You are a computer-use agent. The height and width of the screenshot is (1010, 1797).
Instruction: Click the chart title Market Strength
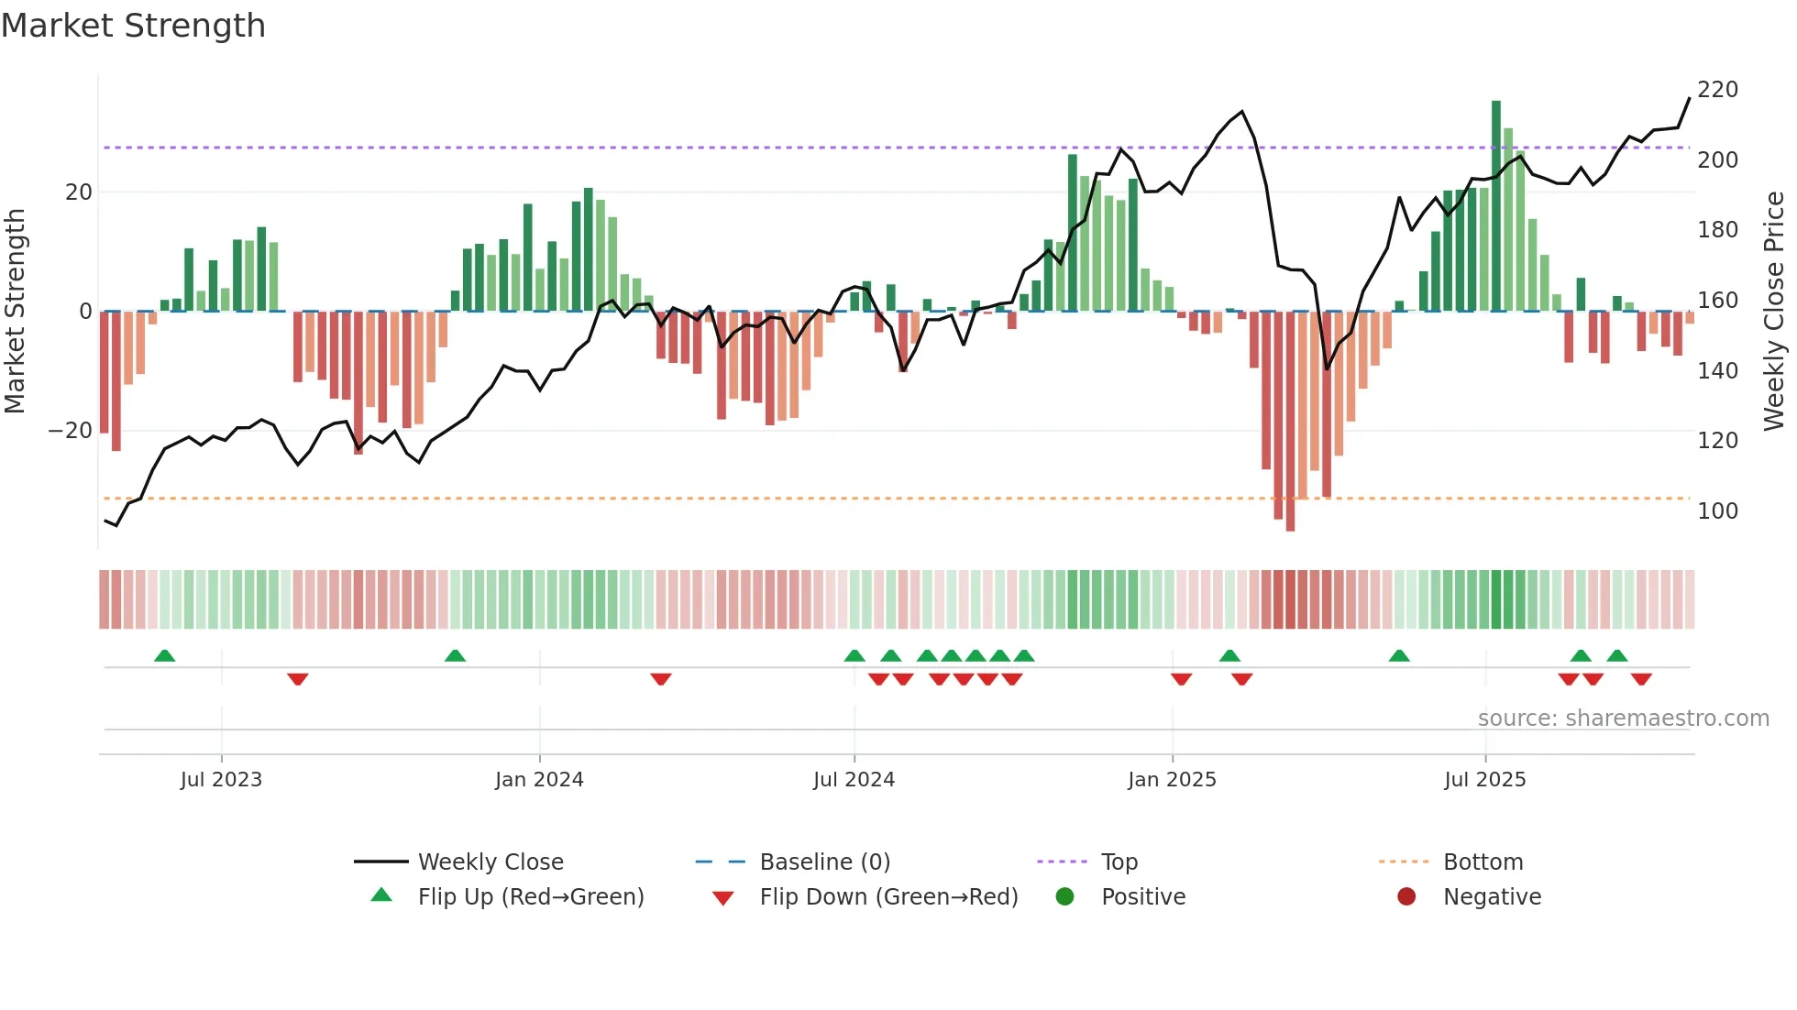click(133, 26)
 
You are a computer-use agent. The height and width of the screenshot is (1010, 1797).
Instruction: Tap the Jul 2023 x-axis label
click(221, 780)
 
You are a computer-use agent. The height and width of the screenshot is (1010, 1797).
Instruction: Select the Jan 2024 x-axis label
click(539, 780)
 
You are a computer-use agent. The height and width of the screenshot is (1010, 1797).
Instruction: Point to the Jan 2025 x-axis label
click(1172, 780)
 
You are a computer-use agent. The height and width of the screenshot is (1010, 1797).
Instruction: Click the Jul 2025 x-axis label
click(1485, 780)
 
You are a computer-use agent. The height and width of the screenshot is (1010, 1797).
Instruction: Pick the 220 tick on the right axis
click(1717, 90)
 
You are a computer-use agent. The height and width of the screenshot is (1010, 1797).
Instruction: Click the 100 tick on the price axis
click(1717, 511)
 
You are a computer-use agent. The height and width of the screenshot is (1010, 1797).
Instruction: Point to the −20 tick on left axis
click(71, 431)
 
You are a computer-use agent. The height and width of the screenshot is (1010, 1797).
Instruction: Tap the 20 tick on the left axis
click(79, 192)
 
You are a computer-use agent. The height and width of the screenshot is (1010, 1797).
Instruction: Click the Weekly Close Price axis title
click(1774, 312)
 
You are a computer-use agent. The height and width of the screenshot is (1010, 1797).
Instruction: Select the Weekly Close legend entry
click(491, 862)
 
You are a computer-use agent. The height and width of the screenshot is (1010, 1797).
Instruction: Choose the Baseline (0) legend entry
click(824, 862)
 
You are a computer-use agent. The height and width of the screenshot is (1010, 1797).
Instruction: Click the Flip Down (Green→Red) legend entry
click(888, 897)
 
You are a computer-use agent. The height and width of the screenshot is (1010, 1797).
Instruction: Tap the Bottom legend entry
click(1483, 862)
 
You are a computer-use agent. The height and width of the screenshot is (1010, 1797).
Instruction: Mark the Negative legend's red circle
click(1406, 896)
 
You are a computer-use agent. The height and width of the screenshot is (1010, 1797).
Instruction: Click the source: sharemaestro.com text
click(1623, 719)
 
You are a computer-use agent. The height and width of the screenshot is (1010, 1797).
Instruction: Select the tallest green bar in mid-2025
click(1496, 206)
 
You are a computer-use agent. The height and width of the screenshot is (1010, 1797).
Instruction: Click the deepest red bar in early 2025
click(1290, 422)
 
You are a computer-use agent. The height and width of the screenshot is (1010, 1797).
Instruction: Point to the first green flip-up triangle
click(165, 655)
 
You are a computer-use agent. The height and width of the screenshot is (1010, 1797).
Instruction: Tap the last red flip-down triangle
click(1641, 679)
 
